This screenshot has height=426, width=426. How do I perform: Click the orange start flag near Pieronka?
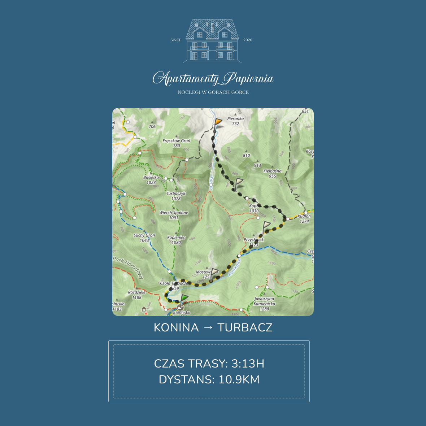[x=218, y=122]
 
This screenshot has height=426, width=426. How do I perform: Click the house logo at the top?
[x=212, y=40]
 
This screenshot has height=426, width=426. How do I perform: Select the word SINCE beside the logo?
[x=176, y=40]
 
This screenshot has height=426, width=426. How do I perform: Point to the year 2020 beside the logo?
[x=248, y=40]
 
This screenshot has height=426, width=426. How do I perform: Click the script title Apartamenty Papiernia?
[x=213, y=79]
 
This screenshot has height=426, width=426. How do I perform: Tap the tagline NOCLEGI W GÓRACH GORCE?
[x=213, y=92]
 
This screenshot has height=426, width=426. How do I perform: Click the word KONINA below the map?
[x=176, y=328]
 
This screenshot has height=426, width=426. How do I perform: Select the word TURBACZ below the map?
[x=245, y=328]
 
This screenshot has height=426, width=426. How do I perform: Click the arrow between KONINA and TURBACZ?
[x=208, y=328]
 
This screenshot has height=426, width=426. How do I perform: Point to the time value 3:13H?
[x=248, y=364]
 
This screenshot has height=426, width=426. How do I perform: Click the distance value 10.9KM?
[x=239, y=380]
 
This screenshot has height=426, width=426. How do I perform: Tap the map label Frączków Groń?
[x=176, y=141]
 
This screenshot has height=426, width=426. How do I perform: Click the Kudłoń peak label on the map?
[x=304, y=216]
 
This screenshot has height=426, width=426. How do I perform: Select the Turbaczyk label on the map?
[x=176, y=194]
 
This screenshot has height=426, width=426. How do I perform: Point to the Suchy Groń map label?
[x=144, y=235]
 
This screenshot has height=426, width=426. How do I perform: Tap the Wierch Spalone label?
[x=174, y=213]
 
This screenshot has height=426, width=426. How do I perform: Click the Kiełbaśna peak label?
[x=272, y=171]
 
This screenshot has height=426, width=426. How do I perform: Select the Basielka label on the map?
[x=151, y=178]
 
